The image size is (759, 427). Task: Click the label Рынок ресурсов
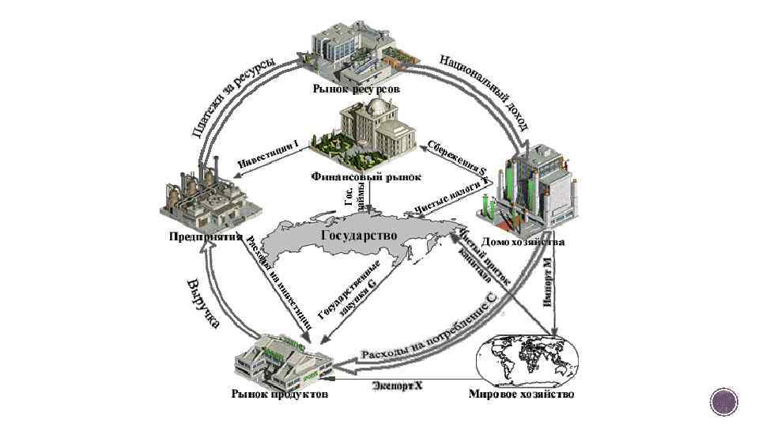pos(357,90)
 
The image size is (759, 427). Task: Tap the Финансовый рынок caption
pos(365,176)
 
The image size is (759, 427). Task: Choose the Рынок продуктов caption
pos(279,394)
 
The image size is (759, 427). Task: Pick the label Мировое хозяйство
pos(521,394)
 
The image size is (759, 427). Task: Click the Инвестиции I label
pos(269,153)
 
